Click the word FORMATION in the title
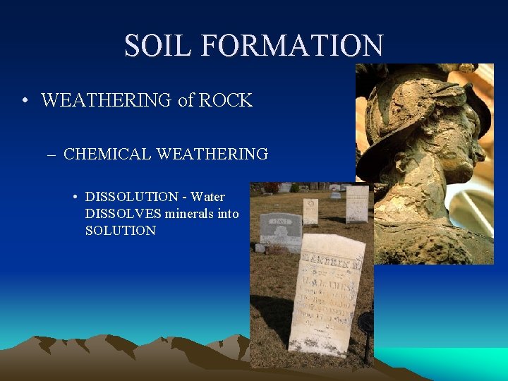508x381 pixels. tap(292, 46)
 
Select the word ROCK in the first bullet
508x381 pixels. tap(225, 100)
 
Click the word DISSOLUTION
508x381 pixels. tap(132, 196)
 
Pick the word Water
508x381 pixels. tap(207, 196)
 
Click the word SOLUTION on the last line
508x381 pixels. tap(120, 231)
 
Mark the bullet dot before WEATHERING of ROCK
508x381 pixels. tap(25, 100)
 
